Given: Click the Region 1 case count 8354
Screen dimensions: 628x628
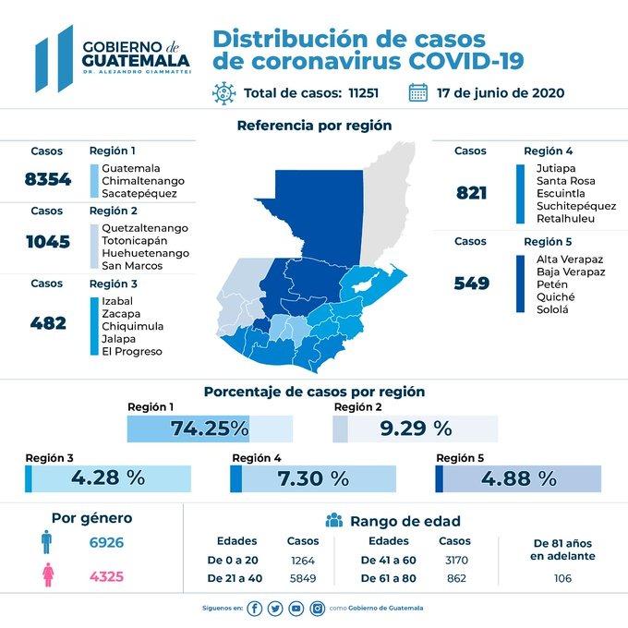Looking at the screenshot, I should (47, 179).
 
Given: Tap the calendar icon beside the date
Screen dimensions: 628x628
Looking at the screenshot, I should (417, 92).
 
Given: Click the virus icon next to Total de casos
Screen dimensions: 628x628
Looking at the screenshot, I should (223, 93).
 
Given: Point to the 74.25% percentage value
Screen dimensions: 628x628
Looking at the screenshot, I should (210, 429).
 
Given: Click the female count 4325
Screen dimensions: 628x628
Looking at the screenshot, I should (106, 577).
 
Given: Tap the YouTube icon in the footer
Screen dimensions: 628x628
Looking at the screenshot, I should (296, 609).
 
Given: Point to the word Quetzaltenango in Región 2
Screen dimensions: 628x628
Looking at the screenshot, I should (145, 227).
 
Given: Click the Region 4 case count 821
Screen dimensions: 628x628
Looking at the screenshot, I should (471, 193).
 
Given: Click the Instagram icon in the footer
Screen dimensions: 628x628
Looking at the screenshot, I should (317, 609).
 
